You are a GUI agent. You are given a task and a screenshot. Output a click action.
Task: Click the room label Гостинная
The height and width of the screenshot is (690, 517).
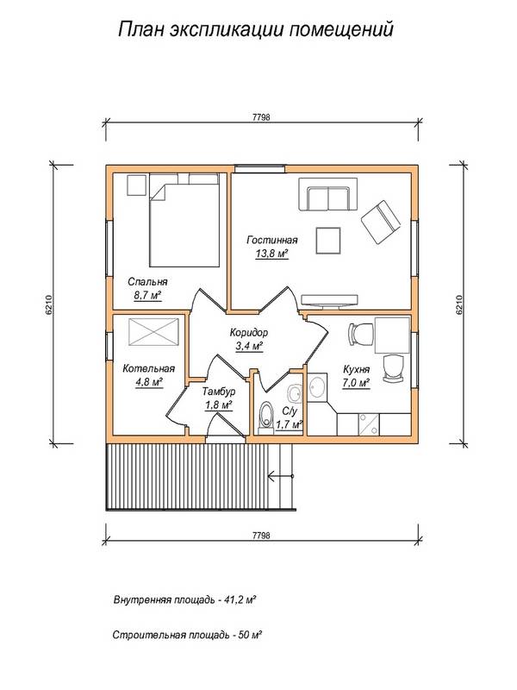tap(271, 241)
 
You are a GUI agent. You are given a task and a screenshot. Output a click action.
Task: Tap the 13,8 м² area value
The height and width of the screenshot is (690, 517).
tap(271, 254)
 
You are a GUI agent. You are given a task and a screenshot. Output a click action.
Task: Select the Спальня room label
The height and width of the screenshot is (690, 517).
tap(147, 282)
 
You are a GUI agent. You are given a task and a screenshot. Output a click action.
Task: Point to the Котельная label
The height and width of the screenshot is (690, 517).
tap(148, 369)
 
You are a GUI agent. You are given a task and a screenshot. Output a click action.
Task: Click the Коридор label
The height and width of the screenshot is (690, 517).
tap(249, 333)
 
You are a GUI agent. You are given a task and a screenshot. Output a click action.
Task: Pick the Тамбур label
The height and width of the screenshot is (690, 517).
tap(219, 392)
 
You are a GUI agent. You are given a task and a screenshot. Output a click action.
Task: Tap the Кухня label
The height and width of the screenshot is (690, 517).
tap(356, 370)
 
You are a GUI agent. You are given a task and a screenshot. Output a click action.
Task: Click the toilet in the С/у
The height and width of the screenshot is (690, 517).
tap(265, 415)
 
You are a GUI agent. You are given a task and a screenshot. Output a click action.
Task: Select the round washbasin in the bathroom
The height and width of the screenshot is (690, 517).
tap(294, 393)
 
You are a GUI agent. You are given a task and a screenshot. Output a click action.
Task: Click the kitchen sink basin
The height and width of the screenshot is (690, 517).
tap(317, 387)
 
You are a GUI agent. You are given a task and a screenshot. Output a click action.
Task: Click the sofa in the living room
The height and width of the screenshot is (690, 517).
tap(328, 195)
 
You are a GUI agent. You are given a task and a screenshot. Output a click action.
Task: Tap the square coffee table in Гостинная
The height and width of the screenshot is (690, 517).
tap(328, 241)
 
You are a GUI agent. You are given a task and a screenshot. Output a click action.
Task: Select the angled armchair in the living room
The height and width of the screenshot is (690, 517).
tap(381, 223)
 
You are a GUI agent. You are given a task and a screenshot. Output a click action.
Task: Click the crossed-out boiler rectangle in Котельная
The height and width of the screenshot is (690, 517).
tap(154, 332)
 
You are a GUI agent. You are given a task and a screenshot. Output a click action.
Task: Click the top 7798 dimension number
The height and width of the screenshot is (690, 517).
tap(262, 117)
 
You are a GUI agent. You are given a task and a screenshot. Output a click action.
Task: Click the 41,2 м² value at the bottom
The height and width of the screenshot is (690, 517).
tap(240, 599)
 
